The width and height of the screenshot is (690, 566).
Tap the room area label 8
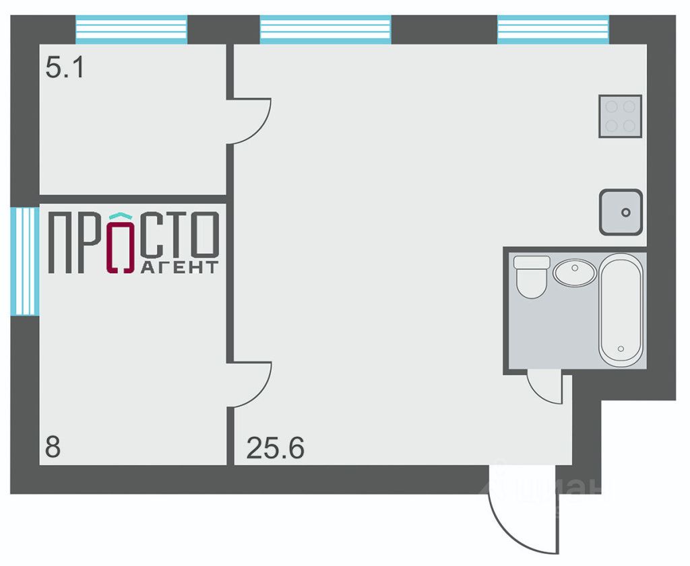point(51,447)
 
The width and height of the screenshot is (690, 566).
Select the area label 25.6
point(275,447)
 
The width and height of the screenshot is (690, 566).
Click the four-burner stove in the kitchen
point(620,116)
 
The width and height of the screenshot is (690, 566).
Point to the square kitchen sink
point(621,212)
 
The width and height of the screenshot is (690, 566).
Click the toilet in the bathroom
point(532,276)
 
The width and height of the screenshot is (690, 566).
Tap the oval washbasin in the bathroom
point(575,273)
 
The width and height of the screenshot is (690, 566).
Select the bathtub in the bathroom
point(621,310)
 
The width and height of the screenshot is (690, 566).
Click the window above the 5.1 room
point(131,30)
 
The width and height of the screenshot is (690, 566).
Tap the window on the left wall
point(25,261)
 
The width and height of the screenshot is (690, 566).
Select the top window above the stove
point(553,30)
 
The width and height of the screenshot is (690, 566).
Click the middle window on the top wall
point(325,30)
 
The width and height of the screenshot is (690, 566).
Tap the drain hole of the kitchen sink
point(626,213)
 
